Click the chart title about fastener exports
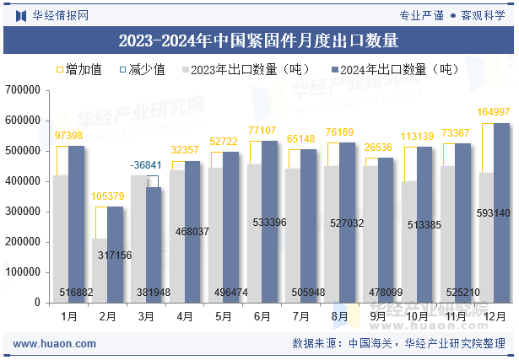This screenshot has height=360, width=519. click(258, 40)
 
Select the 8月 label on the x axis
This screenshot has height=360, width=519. click(339, 317)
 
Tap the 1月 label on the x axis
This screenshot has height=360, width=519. click(69, 317)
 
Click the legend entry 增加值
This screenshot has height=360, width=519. click(78, 69)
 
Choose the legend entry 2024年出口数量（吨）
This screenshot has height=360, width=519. click(392, 69)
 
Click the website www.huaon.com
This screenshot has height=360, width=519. click(55, 344)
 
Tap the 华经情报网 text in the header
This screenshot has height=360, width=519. click(52, 15)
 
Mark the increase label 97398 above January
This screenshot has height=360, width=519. click(68, 136)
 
